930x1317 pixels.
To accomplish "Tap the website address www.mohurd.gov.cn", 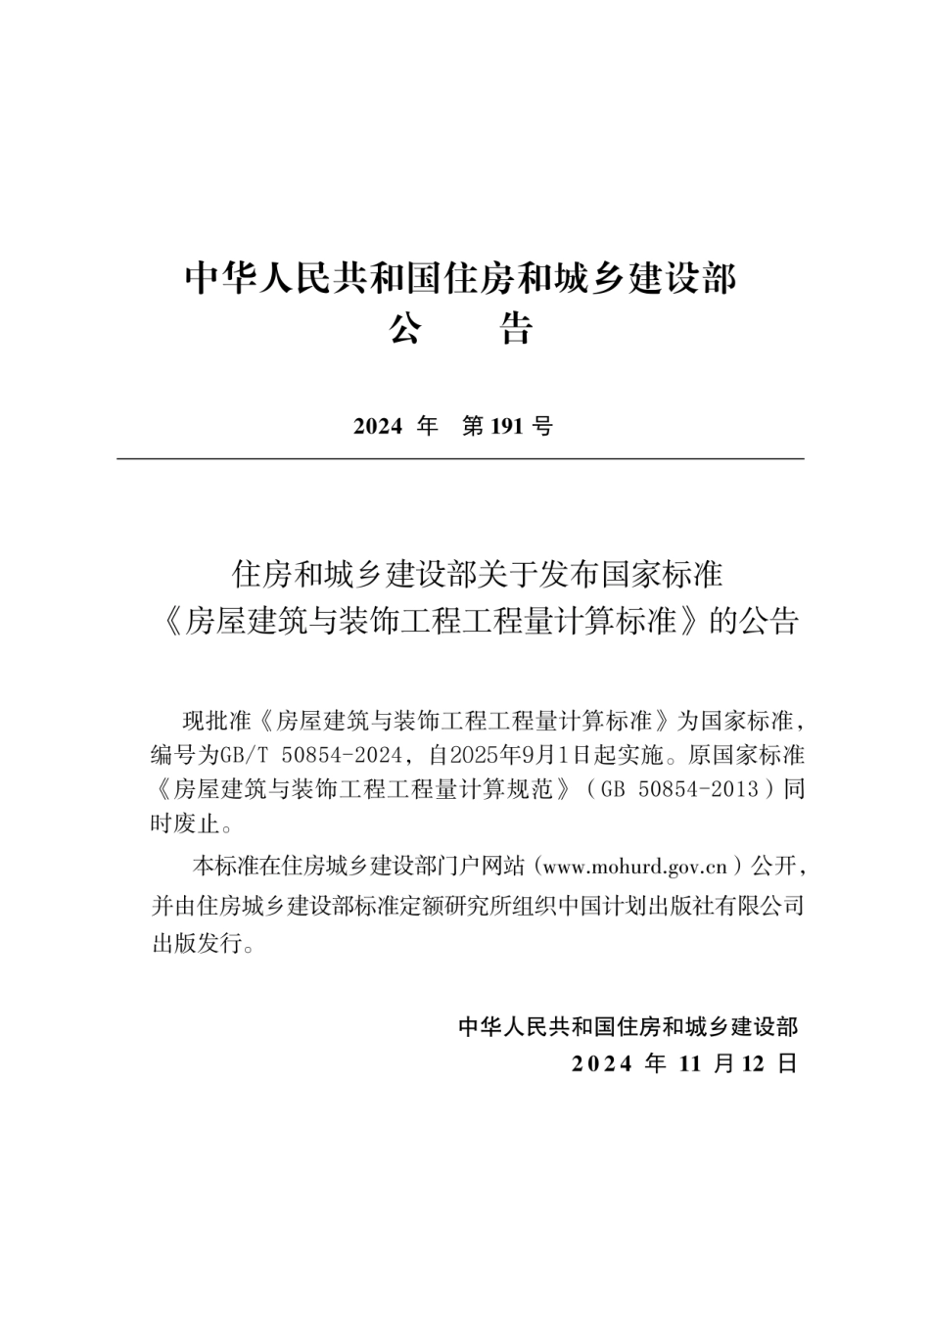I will point(634,866).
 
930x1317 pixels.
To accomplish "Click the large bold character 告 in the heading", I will point(517,330).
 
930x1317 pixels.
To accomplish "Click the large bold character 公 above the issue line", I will point(405,330).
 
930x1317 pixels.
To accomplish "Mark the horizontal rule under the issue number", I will point(460,458).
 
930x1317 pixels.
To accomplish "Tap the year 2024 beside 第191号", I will point(378,426).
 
